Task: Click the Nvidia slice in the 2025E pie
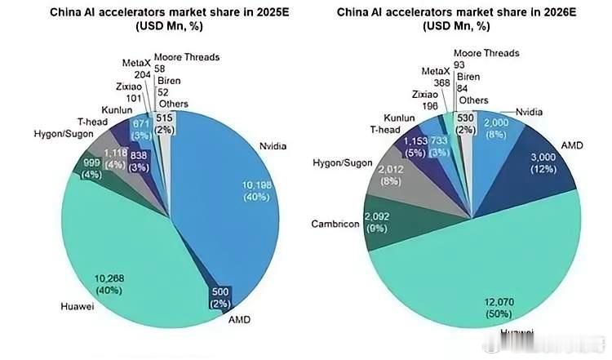click(237, 188)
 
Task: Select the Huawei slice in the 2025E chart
click(122, 253)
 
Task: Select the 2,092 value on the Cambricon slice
click(378, 217)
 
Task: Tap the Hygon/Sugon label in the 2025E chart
click(60, 133)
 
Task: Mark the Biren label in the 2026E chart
click(468, 76)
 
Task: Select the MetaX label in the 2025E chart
click(136, 62)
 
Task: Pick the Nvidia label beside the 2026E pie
click(531, 111)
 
